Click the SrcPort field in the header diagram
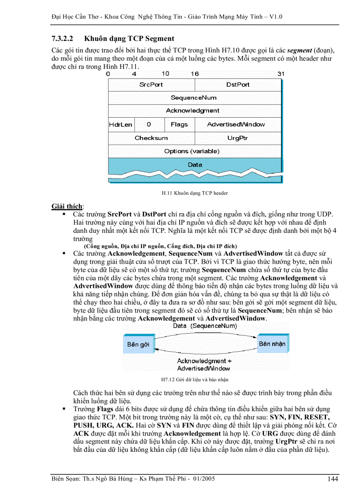point(151,85)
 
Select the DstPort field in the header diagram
point(238,85)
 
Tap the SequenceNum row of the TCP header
point(194,98)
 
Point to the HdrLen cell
point(120,124)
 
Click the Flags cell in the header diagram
point(179,124)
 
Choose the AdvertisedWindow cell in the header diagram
point(236,124)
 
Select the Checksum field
point(151,138)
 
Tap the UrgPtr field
point(238,138)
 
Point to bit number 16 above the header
point(195,74)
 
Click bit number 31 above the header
point(281,74)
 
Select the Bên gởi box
point(138,344)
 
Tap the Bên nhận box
point(272,343)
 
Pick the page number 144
point(333,479)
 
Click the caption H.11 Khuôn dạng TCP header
point(195,193)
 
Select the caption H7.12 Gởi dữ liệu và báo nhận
point(195,379)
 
